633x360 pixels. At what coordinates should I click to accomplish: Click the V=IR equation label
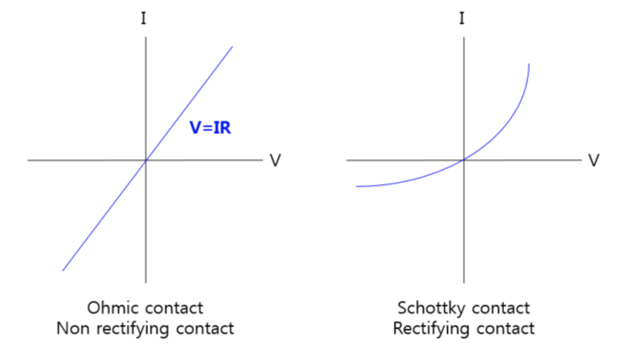click(x=210, y=127)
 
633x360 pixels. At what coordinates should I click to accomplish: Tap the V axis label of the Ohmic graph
click(x=275, y=160)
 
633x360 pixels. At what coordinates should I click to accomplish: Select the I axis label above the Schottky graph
click(x=462, y=19)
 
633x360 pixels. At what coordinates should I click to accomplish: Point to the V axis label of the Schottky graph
click(x=593, y=160)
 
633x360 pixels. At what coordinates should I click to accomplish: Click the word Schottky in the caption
click(x=432, y=308)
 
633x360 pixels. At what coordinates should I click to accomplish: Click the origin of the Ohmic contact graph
click(x=146, y=160)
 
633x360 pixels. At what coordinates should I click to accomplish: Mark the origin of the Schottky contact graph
click(x=463, y=160)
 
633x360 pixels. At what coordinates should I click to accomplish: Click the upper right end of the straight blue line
click(x=232, y=47)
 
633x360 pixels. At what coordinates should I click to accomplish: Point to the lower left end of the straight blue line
click(x=63, y=270)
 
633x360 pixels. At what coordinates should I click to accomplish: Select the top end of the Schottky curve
click(x=529, y=64)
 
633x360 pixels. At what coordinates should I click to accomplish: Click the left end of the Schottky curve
click(x=357, y=187)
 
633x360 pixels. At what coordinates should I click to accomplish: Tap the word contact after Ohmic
click(x=174, y=308)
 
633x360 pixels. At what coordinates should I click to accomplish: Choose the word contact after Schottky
click(x=501, y=308)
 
